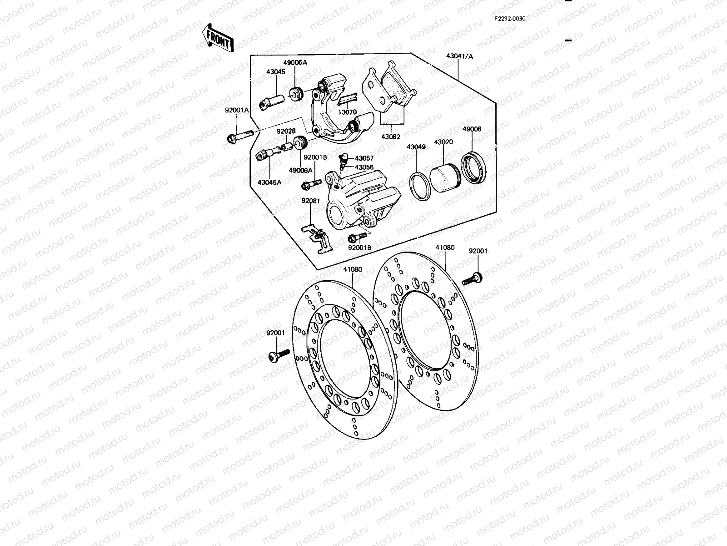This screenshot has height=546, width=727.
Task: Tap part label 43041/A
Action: (x=459, y=56)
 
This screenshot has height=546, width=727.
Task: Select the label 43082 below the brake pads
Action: (x=391, y=136)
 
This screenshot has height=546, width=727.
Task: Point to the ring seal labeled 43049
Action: (x=421, y=186)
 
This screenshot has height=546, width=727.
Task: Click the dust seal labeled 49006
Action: (x=474, y=168)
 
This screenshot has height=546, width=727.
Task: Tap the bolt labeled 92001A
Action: (x=239, y=136)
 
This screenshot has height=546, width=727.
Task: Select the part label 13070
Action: (x=347, y=112)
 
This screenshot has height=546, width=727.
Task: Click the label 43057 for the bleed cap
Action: (x=364, y=158)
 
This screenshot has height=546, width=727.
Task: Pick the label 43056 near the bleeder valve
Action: (x=364, y=167)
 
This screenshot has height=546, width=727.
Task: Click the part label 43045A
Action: (x=269, y=182)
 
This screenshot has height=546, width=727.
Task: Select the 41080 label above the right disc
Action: (x=444, y=248)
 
